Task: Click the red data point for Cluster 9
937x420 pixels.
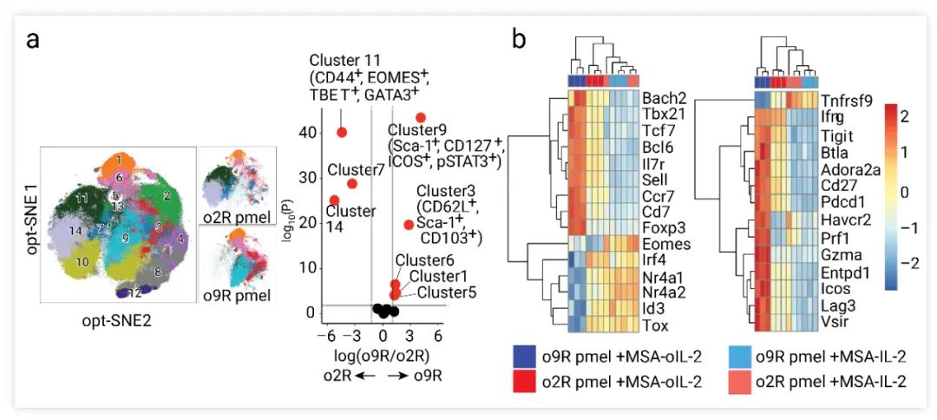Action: [x=421, y=117]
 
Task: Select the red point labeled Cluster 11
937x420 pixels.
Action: [x=342, y=132]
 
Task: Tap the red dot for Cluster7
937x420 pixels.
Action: [x=352, y=183]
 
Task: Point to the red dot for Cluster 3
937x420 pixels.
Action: [x=409, y=225]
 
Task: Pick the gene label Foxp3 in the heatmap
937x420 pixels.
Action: [x=665, y=227]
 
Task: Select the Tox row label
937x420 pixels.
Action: [x=657, y=325]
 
